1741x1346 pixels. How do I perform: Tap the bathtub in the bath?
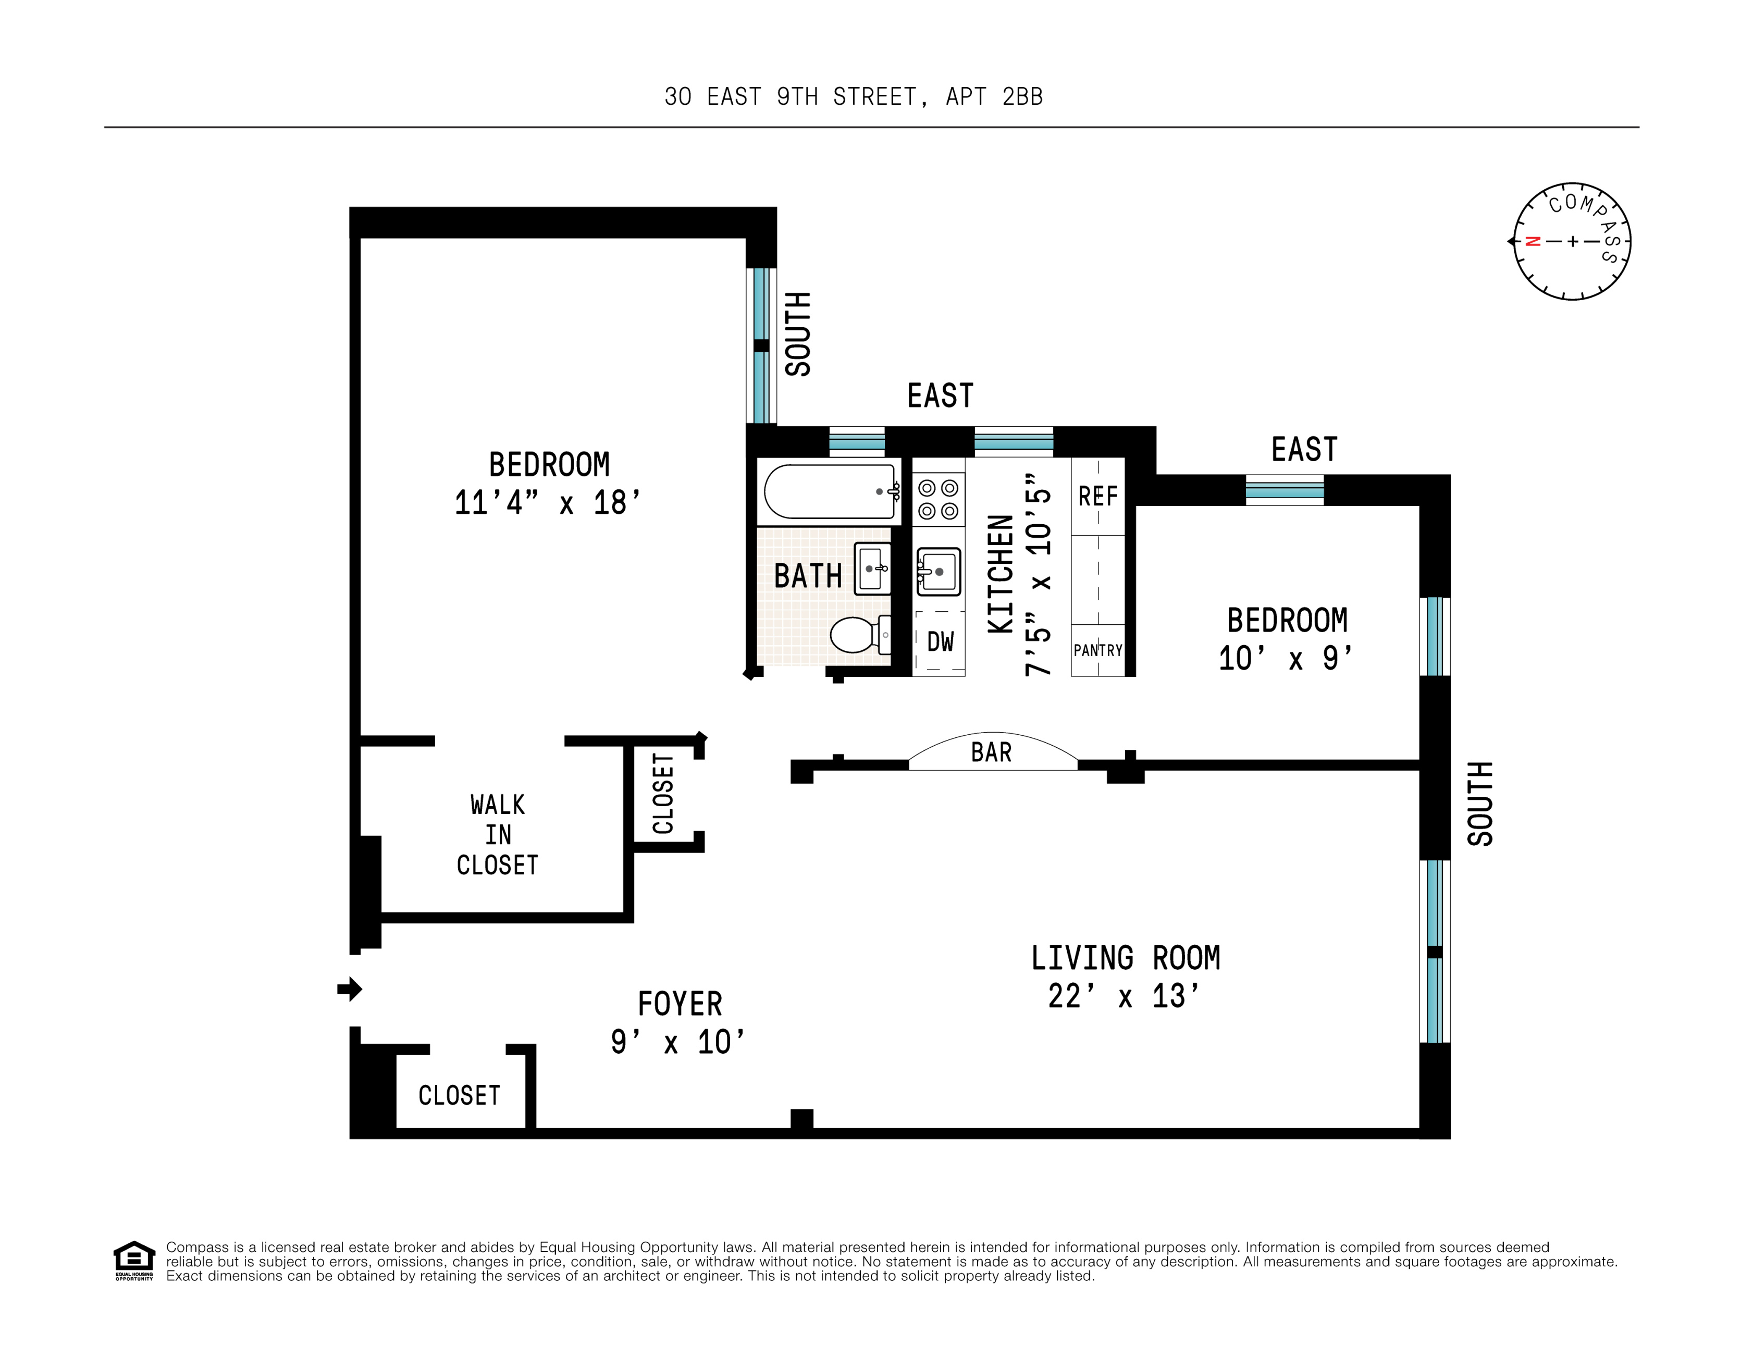click(x=829, y=491)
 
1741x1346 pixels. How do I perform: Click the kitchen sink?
click(x=939, y=572)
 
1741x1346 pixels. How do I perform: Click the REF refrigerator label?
click(x=1097, y=497)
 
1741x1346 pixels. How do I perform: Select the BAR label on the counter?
click(x=991, y=752)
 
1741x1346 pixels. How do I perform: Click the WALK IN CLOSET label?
click(x=498, y=834)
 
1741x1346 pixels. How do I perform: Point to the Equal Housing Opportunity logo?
click(x=134, y=1260)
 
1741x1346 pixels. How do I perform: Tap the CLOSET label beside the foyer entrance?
click(x=459, y=1096)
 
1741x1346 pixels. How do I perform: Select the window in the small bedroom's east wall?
click(x=1284, y=490)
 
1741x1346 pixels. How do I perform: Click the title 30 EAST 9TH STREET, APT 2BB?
click(x=853, y=96)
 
